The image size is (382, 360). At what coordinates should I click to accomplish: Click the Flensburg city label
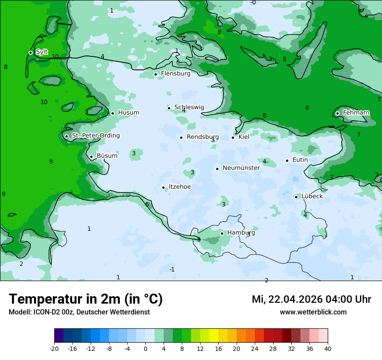pyautogui.click(x=175, y=74)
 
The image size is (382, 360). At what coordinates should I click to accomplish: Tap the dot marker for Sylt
pyautogui.click(x=30, y=52)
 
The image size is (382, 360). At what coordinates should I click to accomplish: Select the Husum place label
pyautogui.click(x=128, y=113)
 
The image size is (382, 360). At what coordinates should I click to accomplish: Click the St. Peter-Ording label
pyautogui.click(x=95, y=136)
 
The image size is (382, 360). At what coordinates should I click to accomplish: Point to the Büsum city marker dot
pyautogui.click(x=91, y=157)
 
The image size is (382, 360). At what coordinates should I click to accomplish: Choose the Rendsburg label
pyautogui.click(x=202, y=137)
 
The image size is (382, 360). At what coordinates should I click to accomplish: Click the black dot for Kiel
pyautogui.click(x=233, y=137)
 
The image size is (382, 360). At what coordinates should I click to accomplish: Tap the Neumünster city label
pyautogui.click(x=241, y=168)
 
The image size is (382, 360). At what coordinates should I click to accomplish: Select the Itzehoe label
pyautogui.click(x=179, y=187)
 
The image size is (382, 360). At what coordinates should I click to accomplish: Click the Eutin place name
pyautogui.click(x=300, y=160)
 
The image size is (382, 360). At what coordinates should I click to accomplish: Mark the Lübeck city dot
pyautogui.click(x=296, y=197)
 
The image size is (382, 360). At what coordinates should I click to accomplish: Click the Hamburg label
pyautogui.click(x=241, y=233)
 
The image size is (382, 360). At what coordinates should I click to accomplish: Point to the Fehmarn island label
pyautogui.click(x=356, y=113)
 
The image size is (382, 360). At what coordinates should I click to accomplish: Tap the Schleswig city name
pyautogui.click(x=189, y=108)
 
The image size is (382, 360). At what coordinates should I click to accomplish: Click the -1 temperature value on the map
pyautogui.click(x=172, y=270)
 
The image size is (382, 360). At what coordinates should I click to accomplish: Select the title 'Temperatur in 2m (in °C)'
pyautogui.click(x=86, y=299)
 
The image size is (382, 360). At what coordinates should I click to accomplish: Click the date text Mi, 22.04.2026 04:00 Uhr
pyautogui.click(x=311, y=299)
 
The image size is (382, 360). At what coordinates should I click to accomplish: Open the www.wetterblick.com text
pyautogui.click(x=313, y=312)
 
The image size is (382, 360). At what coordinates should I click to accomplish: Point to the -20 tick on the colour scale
pyautogui.click(x=54, y=349)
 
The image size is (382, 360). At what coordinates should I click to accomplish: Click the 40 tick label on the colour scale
pyautogui.click(x=327, y=349)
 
